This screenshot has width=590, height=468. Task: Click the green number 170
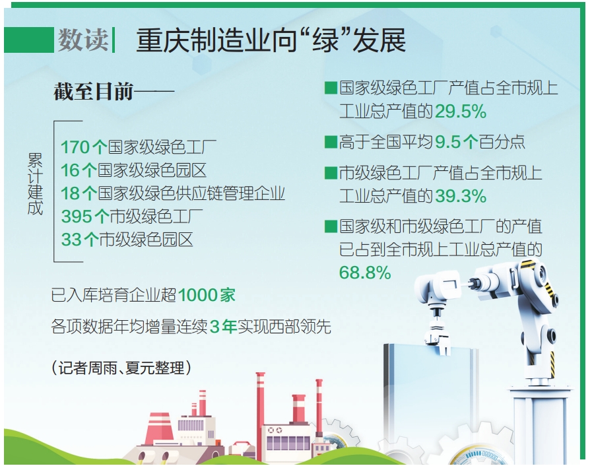(x=76, y=147)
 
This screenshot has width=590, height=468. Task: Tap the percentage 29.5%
(x=461, y=112)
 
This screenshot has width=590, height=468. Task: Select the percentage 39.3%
(x=461, y=196)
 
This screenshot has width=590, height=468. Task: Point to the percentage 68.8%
(x=364, y=273)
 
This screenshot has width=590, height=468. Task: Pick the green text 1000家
(x=207, y=295)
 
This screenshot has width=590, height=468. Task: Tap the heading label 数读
(x=82, y=40)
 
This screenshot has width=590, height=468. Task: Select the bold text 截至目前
(x=93, y=91)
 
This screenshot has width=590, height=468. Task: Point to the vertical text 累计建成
(x=35, y=184)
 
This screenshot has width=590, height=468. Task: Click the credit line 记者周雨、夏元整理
(x=121, y=368)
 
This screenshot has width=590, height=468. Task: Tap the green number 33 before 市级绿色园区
(x=71, y=240)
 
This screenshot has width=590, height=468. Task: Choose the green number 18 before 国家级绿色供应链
(x=71, y=194)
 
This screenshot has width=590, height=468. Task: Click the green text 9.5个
(x=457, y=142)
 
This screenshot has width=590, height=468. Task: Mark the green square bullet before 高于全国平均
(x=331, y=142)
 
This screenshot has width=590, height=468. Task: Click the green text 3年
(x=223, y=327)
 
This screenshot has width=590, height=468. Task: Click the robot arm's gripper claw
(x=438, y=335)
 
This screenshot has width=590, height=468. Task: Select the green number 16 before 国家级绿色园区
(x=71, y=170)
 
